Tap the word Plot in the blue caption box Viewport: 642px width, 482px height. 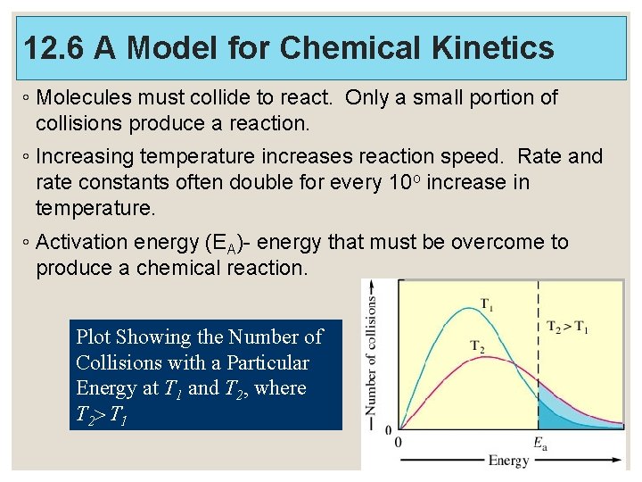click(93, 337)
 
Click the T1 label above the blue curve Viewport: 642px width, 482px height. click(488, 303)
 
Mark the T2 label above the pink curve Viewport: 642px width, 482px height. click(479, 345)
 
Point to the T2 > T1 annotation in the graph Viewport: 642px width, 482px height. click(567, 327)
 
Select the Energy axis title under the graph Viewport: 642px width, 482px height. click(508, 461)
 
